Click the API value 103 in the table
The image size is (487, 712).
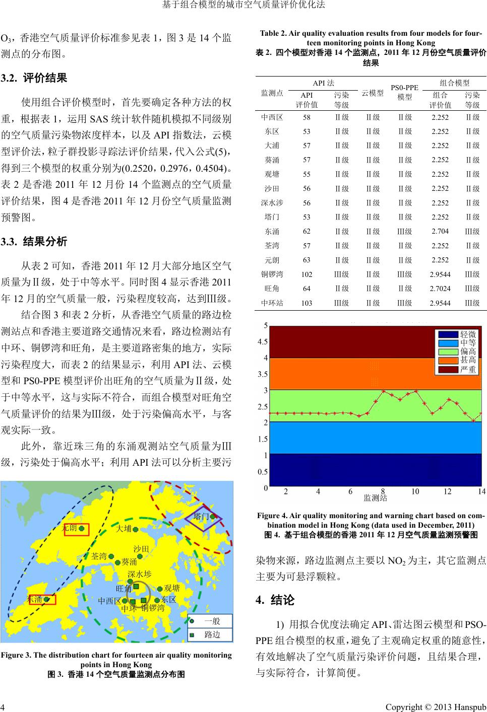tap(307, 303)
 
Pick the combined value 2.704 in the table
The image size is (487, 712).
tap(440, 232)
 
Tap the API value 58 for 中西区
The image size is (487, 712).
tap(307, 117)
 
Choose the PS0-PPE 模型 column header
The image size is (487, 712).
tap(404, 93)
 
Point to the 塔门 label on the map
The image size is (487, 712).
tap(202, 516)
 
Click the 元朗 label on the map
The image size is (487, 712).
tap(69, 528)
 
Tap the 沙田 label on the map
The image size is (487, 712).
tap(141, 548)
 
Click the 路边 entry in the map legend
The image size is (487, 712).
tap(212, 634)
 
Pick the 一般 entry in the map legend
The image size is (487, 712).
tap(212, 621)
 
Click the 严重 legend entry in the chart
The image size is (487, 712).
tap(468, 370)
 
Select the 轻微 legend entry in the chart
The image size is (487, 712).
tap(468, 334)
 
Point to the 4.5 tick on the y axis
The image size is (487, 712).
tap(262, 341)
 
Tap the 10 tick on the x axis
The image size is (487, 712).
tap(414, 491)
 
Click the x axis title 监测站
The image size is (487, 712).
tap(376, 499)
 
